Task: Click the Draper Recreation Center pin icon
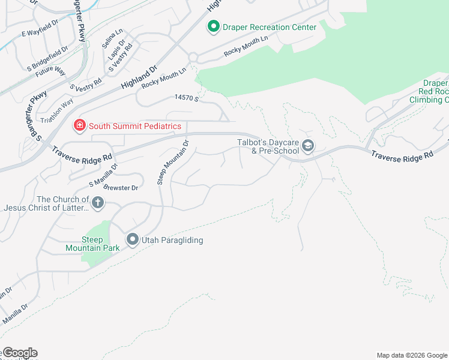212,27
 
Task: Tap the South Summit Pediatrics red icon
79,125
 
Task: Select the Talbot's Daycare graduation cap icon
308,146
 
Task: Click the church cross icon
98,203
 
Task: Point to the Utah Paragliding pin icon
132,240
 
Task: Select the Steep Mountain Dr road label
173,162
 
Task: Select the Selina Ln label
107,41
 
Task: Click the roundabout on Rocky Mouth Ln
193,58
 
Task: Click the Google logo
19,353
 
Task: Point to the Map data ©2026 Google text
411,355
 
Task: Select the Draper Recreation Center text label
270,27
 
